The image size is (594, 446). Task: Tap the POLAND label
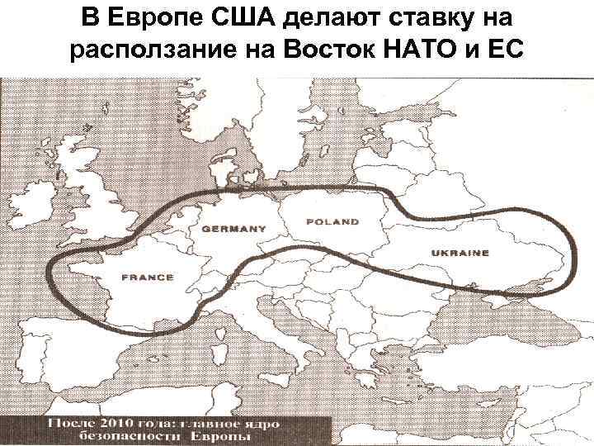[332, 221]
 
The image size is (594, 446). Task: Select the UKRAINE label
[460, 253]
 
